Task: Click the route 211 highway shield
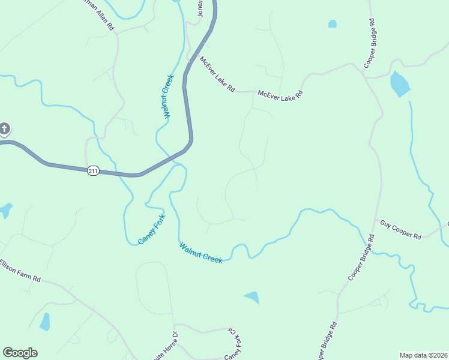tap(92, 171)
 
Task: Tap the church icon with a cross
tap(4, 128)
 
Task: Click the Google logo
tap(20, 353)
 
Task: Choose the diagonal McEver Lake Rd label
tap(217, 74)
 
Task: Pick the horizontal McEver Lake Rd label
tap(280, 94)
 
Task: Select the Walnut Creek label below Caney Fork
tap(200, 252)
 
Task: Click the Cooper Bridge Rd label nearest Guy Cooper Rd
tap(361, 259)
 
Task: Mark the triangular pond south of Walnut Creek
tap(253, 296)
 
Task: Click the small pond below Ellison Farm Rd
tap(45, 322)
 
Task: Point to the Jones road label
tap(200, 8)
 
